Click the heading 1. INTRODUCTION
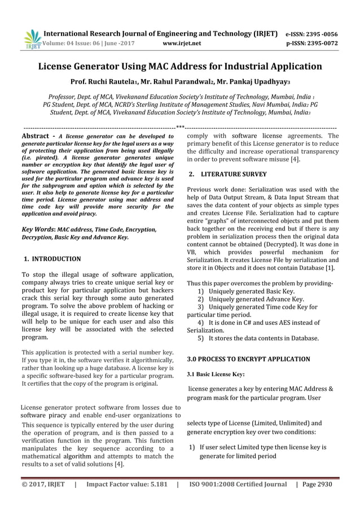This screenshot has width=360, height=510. pos(52,259)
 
